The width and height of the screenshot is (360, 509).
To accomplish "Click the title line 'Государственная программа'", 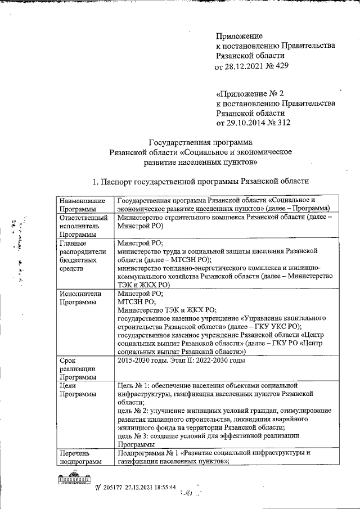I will click(200, 142).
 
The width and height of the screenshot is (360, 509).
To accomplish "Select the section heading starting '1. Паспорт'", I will click(201, 181).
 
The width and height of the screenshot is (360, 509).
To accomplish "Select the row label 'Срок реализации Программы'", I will click(79, 368).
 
